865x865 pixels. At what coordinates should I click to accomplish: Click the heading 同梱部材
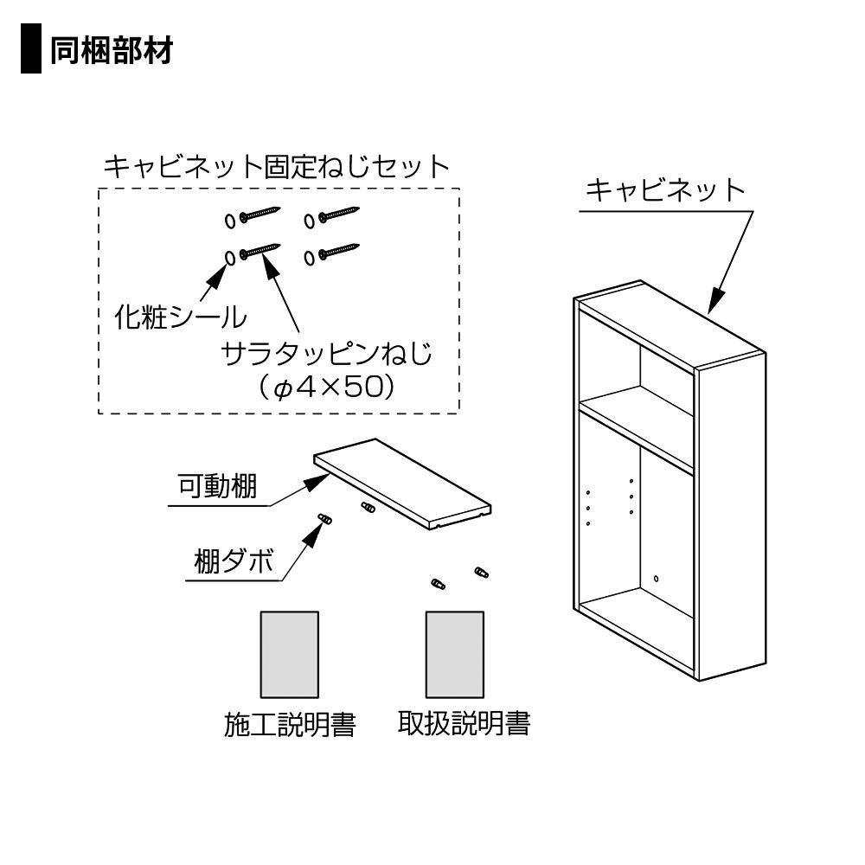pyautogui.click(x=112, y=50)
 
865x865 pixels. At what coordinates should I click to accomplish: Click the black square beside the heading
pyautogui.click(x=31, y=50)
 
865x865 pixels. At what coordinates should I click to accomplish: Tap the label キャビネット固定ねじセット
pyautogui.click(x=277, y=165)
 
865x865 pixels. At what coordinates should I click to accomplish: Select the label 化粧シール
pyautogui.click(x=180, y=317)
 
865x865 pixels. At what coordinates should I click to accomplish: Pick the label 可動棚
pyautogui.click(x=217, y=487)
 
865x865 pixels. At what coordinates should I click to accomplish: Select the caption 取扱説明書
pyautogui.click(x=464, y=722)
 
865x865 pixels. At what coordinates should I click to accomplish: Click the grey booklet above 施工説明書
pyautogui.click(x=290, y=654)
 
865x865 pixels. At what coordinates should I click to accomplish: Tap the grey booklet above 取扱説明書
pyautogui.click(x=454, y=654)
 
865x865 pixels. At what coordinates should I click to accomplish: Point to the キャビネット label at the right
pyautogui.click(x=664, y=189)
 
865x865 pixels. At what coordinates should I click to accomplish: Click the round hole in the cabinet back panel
pyautogui.click(x=656, y=578)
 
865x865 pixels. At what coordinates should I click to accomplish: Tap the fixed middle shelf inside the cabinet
pyautogui.click(x=636, y=426)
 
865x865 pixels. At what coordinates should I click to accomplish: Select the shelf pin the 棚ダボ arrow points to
pyautogui.click(x=326, y=519)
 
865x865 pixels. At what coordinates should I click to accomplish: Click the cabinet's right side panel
pyautogui.click(x=730, y=519)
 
